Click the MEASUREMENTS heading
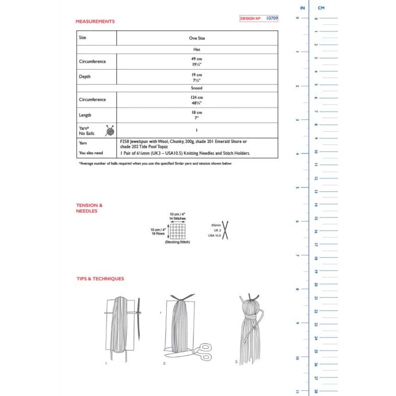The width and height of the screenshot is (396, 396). pos(95,22)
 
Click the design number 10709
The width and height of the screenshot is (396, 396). pos(272,18)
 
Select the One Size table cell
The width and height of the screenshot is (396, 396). pos(197,38)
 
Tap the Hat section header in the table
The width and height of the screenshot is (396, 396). pos(197,49)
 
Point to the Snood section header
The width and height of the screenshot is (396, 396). pos(197,88)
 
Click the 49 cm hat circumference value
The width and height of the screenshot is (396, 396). pos(197,59)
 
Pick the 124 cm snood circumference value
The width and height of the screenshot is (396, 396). pos(197,97)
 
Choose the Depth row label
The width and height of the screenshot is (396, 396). pos(85,77)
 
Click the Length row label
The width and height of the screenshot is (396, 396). pos(85,115)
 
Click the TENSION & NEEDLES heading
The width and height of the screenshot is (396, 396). pos(89,208)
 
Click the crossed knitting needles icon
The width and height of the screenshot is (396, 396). pos(225,230)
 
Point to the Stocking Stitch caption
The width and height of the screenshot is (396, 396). pos(178,242)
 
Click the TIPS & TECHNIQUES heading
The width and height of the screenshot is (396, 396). pos(100,279)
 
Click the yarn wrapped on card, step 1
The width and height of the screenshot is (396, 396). pos(119,325)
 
